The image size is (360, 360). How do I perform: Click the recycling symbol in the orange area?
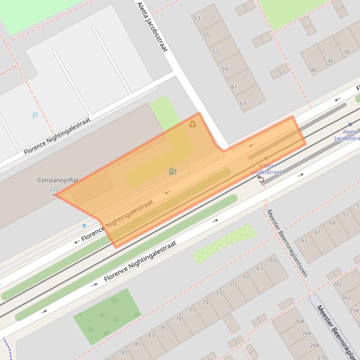(192, 124)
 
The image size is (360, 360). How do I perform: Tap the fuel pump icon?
(172, 172)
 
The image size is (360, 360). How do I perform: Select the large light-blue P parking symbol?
(35, 115)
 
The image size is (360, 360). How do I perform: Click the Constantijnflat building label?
(58, 180)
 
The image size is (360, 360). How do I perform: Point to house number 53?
(197, 18)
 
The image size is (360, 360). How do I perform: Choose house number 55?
(206, 35)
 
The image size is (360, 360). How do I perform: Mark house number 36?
(346, 52)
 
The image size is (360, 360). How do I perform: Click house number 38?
(330, 61)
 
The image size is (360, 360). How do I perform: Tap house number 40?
(314, 70)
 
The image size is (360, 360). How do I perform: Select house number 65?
(273, 260)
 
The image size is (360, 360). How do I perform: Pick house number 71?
(232, 285)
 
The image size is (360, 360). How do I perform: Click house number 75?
(205, 302)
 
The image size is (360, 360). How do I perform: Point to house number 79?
(178, 319)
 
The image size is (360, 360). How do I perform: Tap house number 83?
(151, 336)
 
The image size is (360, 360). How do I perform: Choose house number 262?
(338, 284)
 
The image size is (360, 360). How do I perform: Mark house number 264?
(299, 321)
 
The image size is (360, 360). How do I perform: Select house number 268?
(314, 346)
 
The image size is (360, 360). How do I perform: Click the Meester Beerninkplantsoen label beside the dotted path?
(287, 243)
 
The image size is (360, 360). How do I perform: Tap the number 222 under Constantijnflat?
(54, 189)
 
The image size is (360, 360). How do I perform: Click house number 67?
(259, 268)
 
